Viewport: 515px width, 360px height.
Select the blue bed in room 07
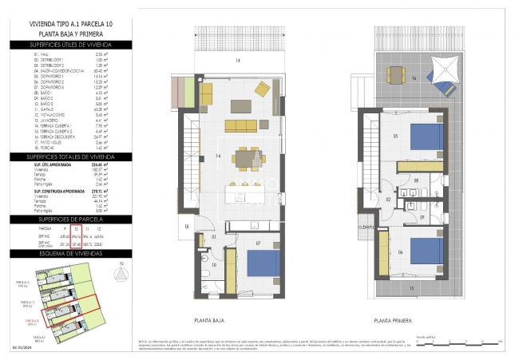262,265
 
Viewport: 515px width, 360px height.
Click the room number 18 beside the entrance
184,227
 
